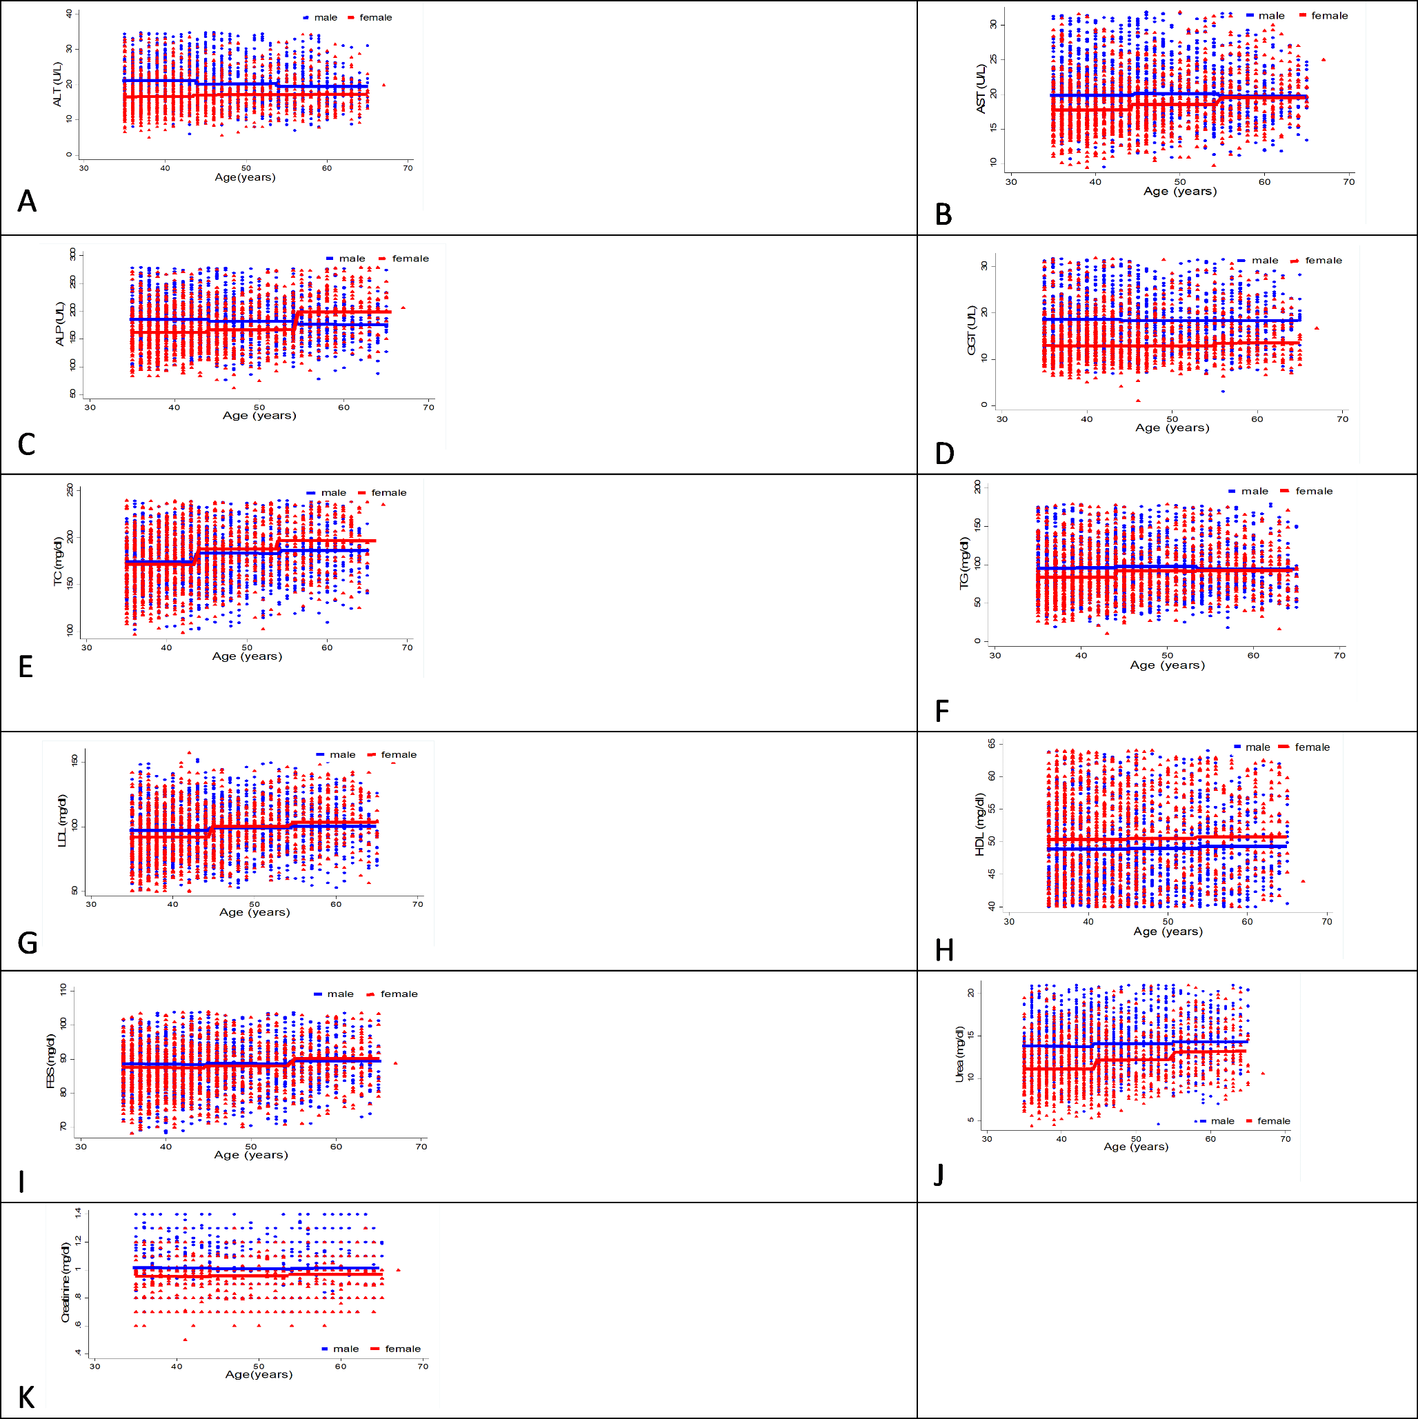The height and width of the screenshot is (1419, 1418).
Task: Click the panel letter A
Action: (x=27, y=201)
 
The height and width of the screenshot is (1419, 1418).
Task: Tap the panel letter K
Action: (x=26, y=1398)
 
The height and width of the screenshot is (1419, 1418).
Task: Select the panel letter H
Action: (x=944, y=950)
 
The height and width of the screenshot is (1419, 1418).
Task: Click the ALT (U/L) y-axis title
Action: (x=58, y=83)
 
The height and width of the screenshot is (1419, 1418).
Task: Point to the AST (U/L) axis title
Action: (x=981, y=89)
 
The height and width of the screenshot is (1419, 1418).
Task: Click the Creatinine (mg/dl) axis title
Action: (x=66, y=1282)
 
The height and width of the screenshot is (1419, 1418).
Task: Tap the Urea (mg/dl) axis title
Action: (x=959, y=1054)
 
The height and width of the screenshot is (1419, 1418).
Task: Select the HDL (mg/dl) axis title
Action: (x=979, y=824)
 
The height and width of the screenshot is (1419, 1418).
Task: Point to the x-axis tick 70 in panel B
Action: (x=1349, y=181)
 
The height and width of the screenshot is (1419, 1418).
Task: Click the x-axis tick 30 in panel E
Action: (x=87, y=647)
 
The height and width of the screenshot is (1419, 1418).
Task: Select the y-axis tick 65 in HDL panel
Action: (x=992, y=744)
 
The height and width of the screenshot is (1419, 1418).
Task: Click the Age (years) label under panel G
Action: (x=254, y=912)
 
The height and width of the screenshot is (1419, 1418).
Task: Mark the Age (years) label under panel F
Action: (x=1167, y=665)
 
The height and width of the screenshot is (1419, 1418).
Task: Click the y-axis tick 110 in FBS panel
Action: (x=63, y=989)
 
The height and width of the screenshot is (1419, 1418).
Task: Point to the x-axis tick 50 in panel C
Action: (x=259, y=407)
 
